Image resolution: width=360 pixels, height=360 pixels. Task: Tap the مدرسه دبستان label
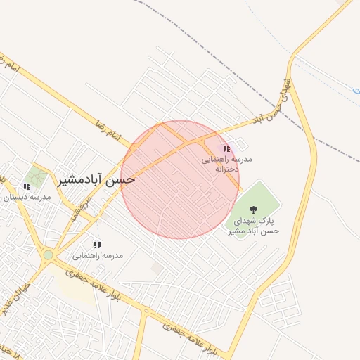click(27, 198)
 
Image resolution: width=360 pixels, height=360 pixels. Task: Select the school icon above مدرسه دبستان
click(27, 186)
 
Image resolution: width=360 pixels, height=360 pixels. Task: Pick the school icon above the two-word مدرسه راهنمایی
click(97, 245)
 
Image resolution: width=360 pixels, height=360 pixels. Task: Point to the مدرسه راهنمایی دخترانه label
click(221, 165)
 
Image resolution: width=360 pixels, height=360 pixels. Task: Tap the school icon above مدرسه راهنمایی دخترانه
click(226, 149)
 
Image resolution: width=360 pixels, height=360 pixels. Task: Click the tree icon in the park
click(253, 209)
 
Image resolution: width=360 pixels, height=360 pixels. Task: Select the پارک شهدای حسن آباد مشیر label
click(255, 226)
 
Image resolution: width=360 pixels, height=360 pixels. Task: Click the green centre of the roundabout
click(48, 255)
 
